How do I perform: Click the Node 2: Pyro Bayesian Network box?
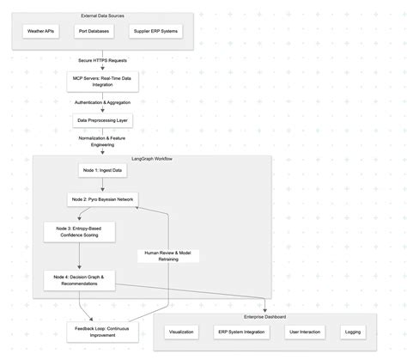(x=102, y=199)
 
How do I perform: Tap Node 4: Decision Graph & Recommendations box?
(x=78, y=280)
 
